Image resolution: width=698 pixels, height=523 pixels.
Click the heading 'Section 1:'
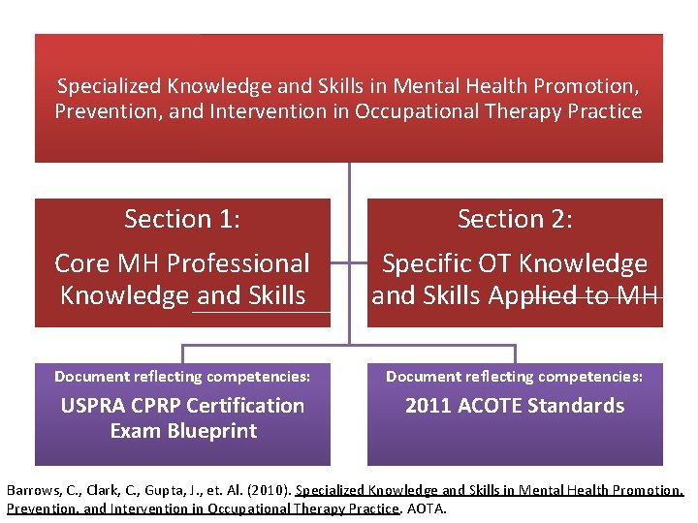tap(182, 220)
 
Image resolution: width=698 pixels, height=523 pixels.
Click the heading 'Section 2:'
tap(515, 220)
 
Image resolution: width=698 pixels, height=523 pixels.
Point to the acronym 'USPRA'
tap(94, 406)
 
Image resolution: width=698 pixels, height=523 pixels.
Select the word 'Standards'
tap(578, 406)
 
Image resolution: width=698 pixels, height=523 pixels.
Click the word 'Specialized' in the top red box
tap(108, 85)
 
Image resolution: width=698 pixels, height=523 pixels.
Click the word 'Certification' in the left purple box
tap(244, 406)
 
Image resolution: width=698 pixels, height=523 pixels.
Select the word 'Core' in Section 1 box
tap(81, 263)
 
